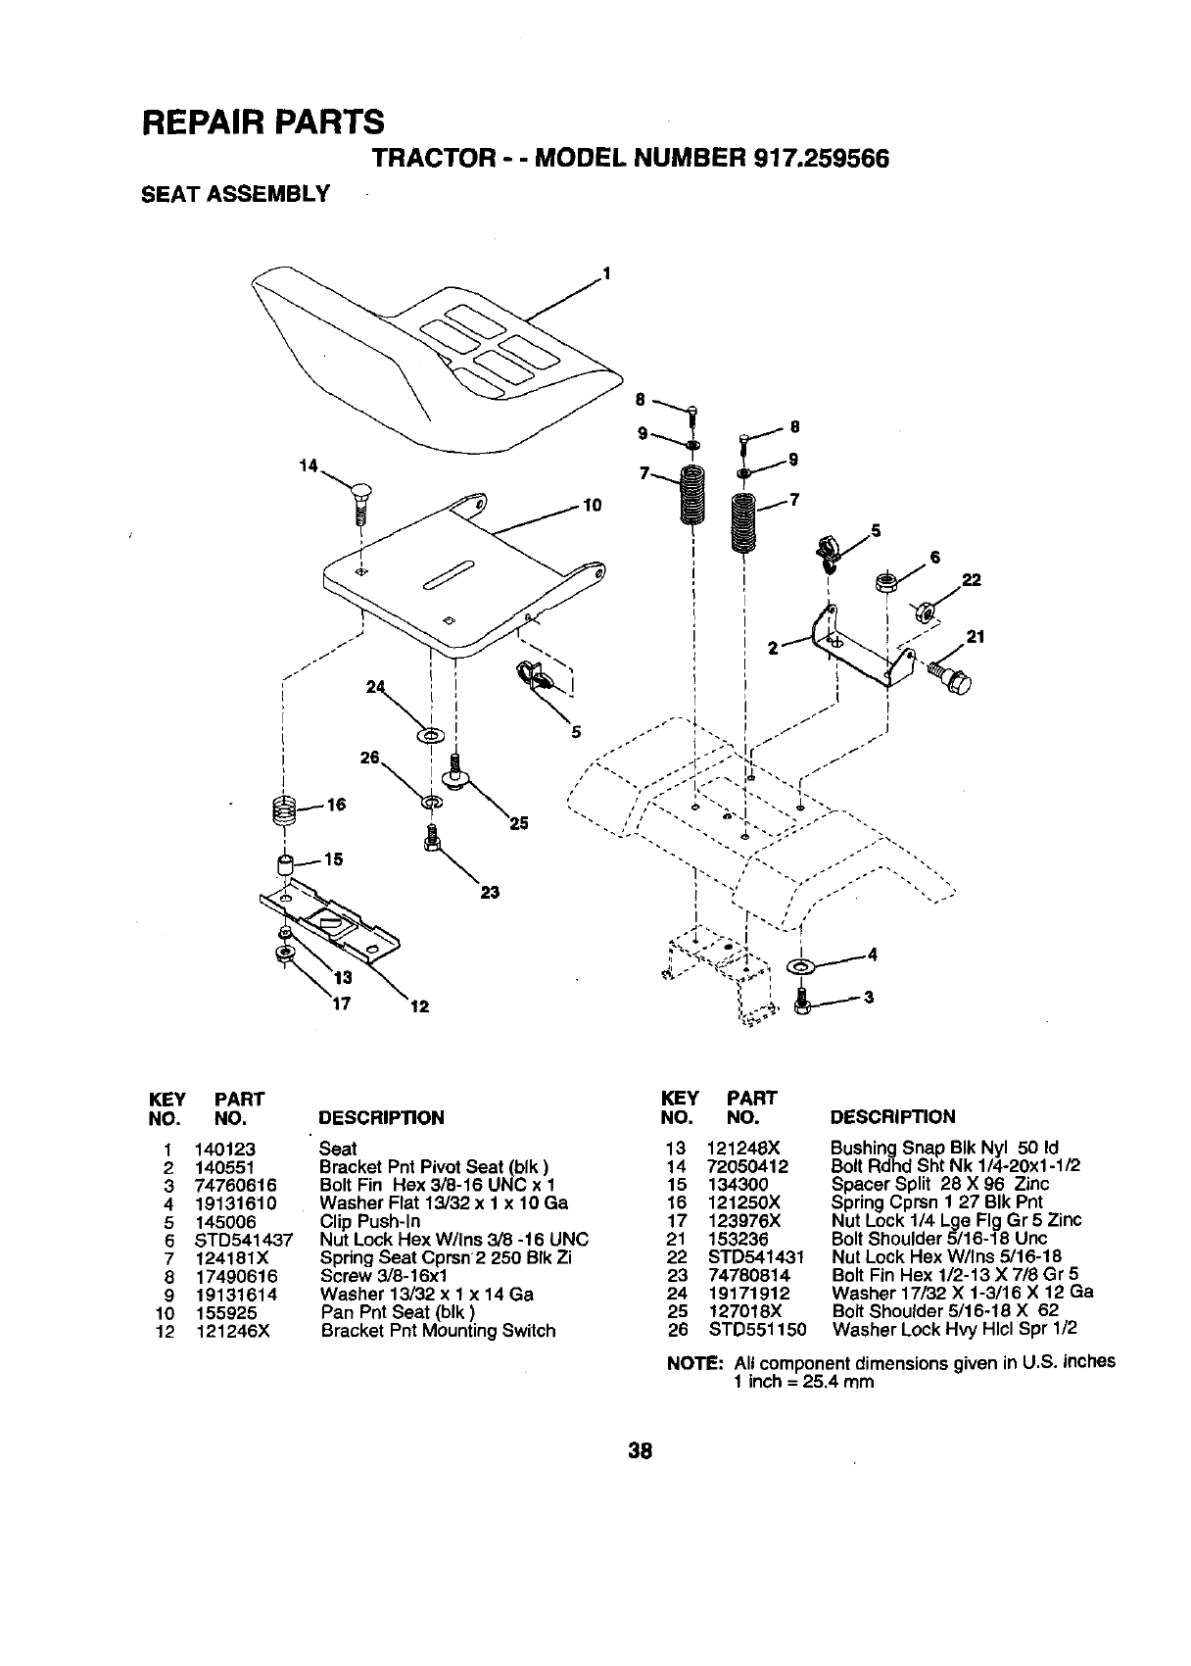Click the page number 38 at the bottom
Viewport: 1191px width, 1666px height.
pos(642,1451)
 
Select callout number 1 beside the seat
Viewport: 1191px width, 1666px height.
pos(606,271)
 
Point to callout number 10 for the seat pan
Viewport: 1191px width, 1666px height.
pos(591,506)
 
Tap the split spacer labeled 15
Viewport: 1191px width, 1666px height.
pos(285,866)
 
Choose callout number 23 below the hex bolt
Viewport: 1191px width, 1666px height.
pos(490,892)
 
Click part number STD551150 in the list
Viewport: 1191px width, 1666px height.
pos(756,1330)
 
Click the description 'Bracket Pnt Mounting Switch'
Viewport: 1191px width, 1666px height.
pos(438,1331)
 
